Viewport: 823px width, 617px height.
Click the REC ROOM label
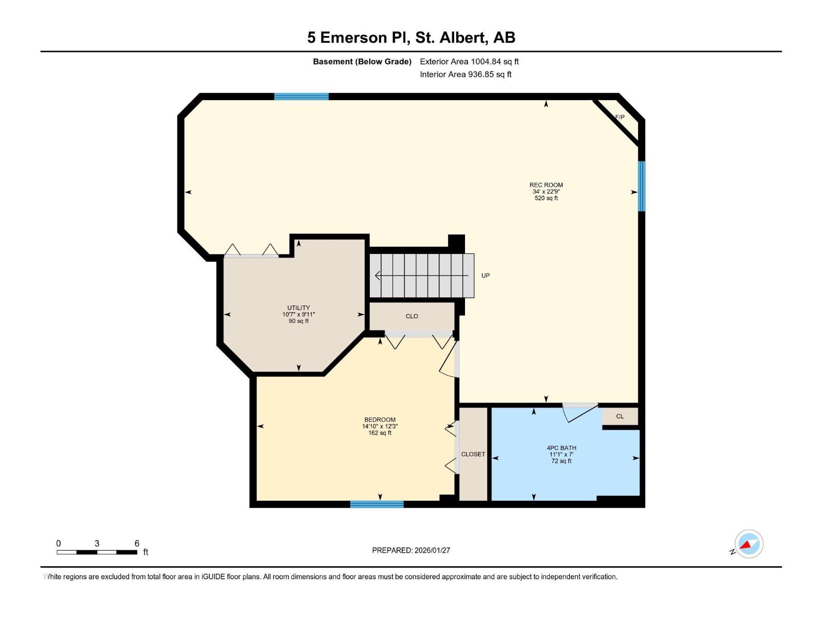pos(546,185)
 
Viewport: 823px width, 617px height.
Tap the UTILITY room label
pos(298,308)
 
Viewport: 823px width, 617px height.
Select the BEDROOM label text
pos(380,420)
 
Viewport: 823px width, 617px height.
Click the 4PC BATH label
pos(561,448)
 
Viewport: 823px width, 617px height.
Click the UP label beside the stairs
pos(485,276)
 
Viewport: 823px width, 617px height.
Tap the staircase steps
pos(422,276)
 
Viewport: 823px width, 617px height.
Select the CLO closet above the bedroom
pos(411,316)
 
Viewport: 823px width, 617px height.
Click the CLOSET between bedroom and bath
pos(473,454)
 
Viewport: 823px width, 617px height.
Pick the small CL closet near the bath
pos(620,416)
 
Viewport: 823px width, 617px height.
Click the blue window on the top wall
pos(301,96)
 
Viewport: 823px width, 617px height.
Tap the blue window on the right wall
pos(641,186)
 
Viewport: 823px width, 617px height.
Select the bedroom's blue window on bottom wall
pos(377,504)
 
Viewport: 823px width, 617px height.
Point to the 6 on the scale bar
pos(137,543)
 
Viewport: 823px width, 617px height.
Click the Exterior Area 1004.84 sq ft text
pos(469,62)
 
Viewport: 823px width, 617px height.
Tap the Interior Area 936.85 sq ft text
pos(466,75)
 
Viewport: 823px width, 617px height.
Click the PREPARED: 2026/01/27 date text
pos(411,550)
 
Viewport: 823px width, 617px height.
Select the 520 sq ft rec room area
pos(546,198)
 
